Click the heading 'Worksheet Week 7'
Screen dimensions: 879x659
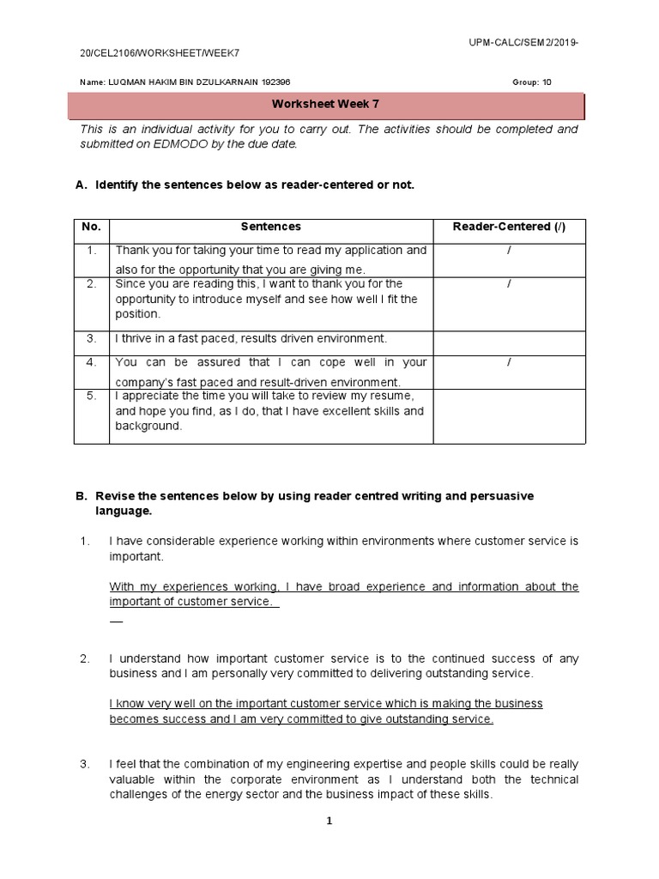325,105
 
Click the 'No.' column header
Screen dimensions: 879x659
91,227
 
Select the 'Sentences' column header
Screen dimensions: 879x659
270,227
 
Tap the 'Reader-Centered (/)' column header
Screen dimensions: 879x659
509,227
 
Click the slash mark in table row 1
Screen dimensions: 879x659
509,251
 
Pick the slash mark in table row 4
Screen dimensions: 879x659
509,362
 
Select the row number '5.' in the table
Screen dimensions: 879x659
91,396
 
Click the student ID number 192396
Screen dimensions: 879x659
273,82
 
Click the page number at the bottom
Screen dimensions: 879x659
328,821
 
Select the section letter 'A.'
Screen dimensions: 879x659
82,185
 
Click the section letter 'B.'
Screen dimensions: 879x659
82,496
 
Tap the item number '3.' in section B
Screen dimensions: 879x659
85,764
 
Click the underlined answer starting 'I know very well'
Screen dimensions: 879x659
326,712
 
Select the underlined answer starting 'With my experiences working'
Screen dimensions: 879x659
343,594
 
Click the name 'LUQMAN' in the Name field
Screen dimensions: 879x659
119,82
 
